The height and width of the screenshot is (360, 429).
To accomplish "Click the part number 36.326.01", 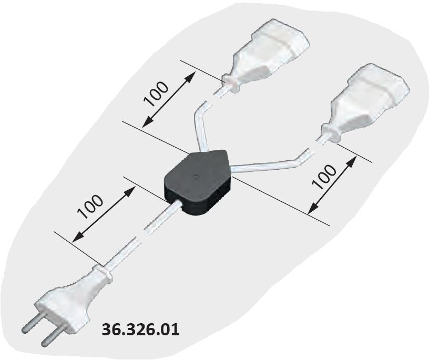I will click(x=140, y=330).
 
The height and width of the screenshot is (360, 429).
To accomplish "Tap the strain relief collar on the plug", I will click(x=104, y=274).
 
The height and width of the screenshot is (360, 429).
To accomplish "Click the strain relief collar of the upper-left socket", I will click(x=229, y=83).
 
